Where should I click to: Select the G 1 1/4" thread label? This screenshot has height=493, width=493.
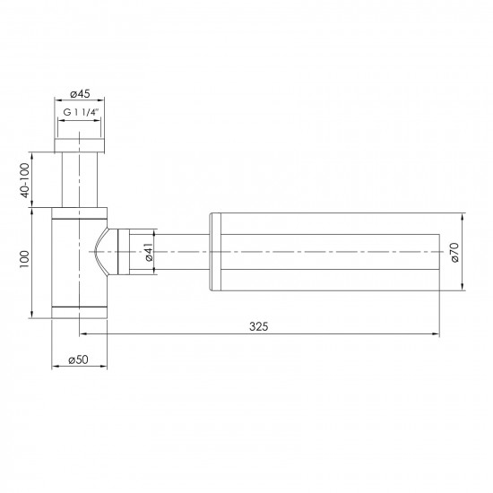(x=81, y=113)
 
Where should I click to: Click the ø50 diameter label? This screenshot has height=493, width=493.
(x=80, y=359)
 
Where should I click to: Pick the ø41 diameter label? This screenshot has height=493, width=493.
(x=148, y=252)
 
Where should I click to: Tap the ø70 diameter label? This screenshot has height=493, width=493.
(x=455, y=252)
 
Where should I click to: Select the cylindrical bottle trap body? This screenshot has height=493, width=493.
(x=80, y=260)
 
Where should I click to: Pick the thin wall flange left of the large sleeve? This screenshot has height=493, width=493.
(x=213, y=251)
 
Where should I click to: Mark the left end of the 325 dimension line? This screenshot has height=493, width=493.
(x=81, y=334)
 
